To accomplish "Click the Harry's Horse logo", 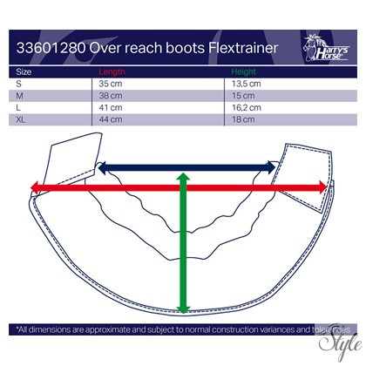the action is [x=326, y=48].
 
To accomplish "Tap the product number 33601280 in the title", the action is [x=51, y=48].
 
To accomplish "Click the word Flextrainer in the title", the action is [x=243, y=48].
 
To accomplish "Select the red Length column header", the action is [x=112, y=71].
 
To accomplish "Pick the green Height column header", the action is [x=244, y=71].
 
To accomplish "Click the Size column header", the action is [x=24, y=71].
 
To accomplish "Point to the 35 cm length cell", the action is [x=111, y=84].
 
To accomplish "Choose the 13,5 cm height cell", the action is [x=247, y=84].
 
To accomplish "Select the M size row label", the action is [x=19, y=96].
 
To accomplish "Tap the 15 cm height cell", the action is [x=243, y=96].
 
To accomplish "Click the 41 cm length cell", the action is [x=111, y=107].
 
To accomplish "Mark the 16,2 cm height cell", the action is [x=247, y=107].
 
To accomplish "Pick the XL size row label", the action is [x=21, y=119].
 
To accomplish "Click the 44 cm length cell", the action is [x=111, y=119].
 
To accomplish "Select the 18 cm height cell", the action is [x=243, y=119].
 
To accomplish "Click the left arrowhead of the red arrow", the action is [x=35, y=187].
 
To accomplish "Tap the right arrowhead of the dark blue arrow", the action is [x=271, y=167].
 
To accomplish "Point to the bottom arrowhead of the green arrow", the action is [x=183, y=309].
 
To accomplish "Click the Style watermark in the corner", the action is [x=340, y=342].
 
